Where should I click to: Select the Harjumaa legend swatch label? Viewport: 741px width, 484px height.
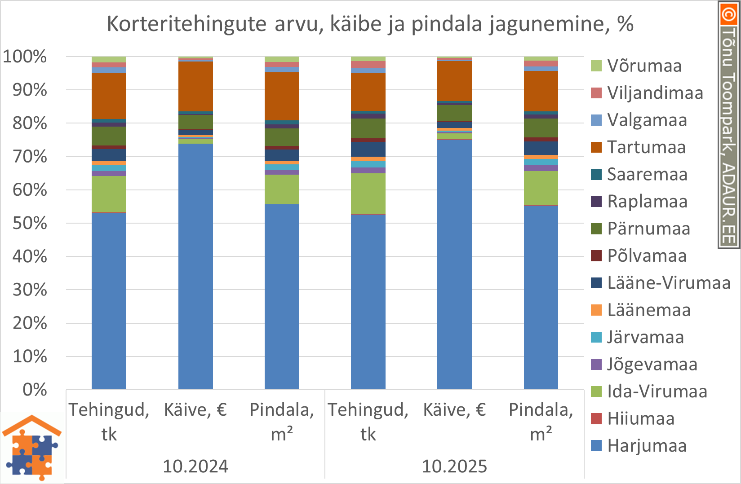pyautogui.click(x=647, y=446)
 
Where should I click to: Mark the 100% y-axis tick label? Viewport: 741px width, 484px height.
pyautogui.click(x=25, y=57)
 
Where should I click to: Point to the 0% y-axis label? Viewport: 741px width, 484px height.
pyautogui.click(x=35, y=390)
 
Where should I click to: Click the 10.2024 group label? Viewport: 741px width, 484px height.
pyautogui.click(x=195, y=466)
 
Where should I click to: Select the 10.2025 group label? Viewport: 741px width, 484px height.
pyautogui.click(x=454, y=466)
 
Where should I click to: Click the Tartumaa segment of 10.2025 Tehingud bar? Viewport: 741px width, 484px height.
pyautogui.click(x=368, y=92)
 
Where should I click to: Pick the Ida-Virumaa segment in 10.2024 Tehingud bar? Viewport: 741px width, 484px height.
pyautogui.click(x=109, y=194)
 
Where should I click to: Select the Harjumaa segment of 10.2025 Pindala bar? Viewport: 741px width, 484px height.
pyautogui.click(x=541, y=296)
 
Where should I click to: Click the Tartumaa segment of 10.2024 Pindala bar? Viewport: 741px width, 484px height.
pyautogui.click(x=282, y=96)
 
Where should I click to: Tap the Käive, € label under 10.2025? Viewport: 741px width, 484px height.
pyautogui.click(x=454, y=410)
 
